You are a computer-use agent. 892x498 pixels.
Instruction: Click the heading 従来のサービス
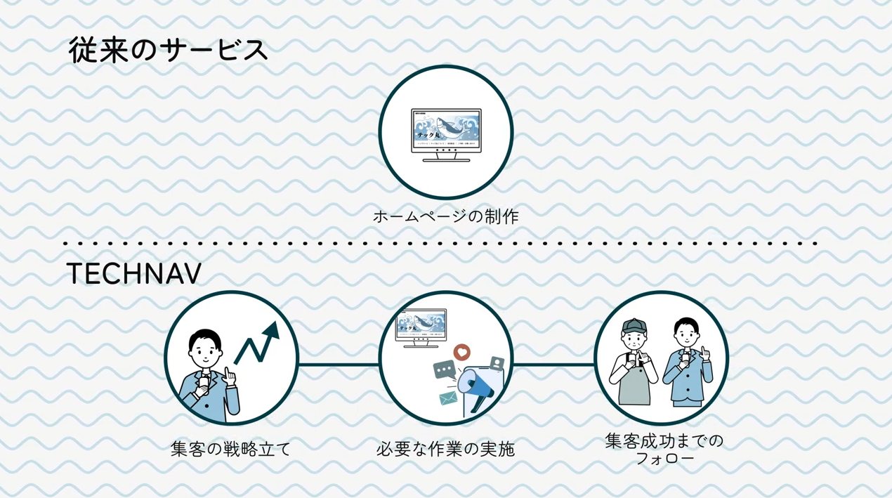pyautogui.click(x=168, y=51)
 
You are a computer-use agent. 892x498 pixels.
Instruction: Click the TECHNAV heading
pyautogui.click(x=133, y=275)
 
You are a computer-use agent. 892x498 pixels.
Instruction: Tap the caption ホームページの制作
pyautogui.click(x=445, y=216)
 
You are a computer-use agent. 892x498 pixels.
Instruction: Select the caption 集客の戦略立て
pyautogui.click(x=230, y=449)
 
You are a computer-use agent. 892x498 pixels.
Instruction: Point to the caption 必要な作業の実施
pyautogui.click(x=445, y=449)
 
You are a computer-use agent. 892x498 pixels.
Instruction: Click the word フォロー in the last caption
pyautogui.click(x=664, y=459)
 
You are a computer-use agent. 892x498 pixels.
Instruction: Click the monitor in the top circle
pyautogui.click(x=446, y=133)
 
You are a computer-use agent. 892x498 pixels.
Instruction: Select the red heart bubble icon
pyautogui.click(x=461, y=351)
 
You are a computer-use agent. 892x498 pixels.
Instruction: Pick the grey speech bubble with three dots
pyautogui.click(x=444, y=369)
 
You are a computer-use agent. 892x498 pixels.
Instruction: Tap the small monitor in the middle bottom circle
pyautogui.click(x=421, y=327)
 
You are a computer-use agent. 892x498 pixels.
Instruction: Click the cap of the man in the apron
pyautogui.click(x=634, y=326)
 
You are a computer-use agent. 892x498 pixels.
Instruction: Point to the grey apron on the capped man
pyautogui.click(x=634, y=386)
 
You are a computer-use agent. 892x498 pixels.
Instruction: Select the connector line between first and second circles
pyautogui.click(x=339, y=365)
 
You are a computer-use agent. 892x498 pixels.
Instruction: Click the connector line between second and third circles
pyautogui.click(x=553, y=365)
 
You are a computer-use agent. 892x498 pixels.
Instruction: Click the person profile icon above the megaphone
pyautogui.click(x=497, y=363)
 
